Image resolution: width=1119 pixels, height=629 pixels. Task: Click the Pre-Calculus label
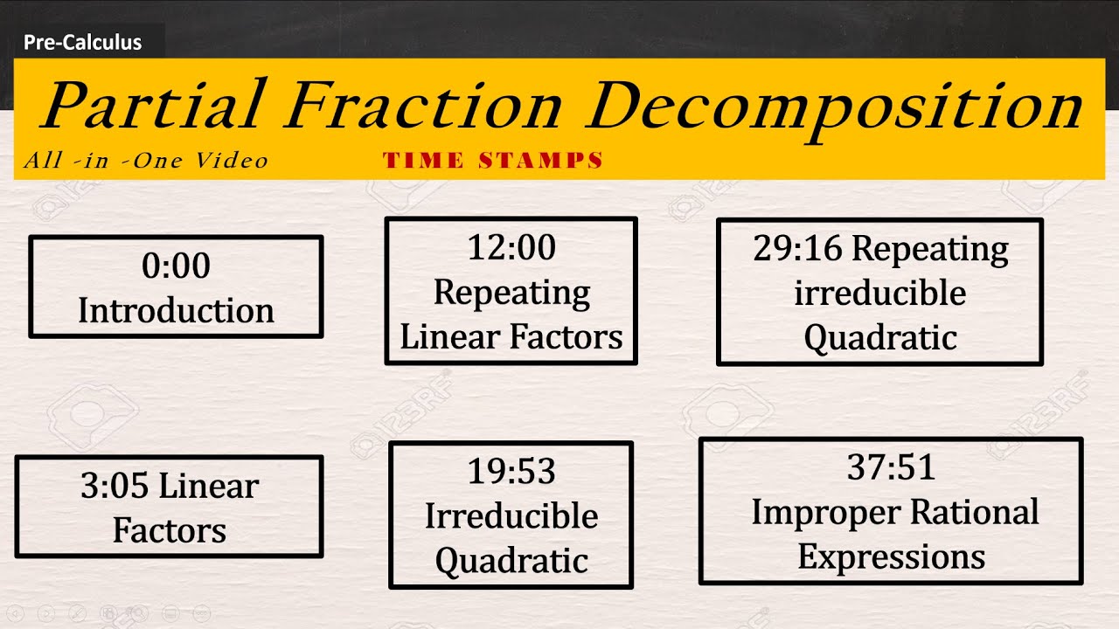(82, 42)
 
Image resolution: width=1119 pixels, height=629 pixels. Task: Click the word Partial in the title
(152, 106)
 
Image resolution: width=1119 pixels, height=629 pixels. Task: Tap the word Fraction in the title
(423, 106)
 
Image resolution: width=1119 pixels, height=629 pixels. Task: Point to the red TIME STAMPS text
(493, 161)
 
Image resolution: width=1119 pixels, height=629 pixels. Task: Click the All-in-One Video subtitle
(146, 161)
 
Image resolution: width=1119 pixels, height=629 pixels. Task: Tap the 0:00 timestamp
(176, 266)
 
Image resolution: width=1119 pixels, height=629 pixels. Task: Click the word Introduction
(176, 311)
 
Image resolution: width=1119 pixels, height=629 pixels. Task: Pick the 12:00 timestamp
(511, 248)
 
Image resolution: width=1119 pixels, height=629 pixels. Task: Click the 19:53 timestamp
(511, 472)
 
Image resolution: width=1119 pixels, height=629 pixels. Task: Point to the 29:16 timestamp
(796, 250)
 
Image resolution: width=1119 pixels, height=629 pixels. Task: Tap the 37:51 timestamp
(891, 468)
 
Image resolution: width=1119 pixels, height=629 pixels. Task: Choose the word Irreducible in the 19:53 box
(511, 516)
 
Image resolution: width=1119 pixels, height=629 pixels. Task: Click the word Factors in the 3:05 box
(169, 531)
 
